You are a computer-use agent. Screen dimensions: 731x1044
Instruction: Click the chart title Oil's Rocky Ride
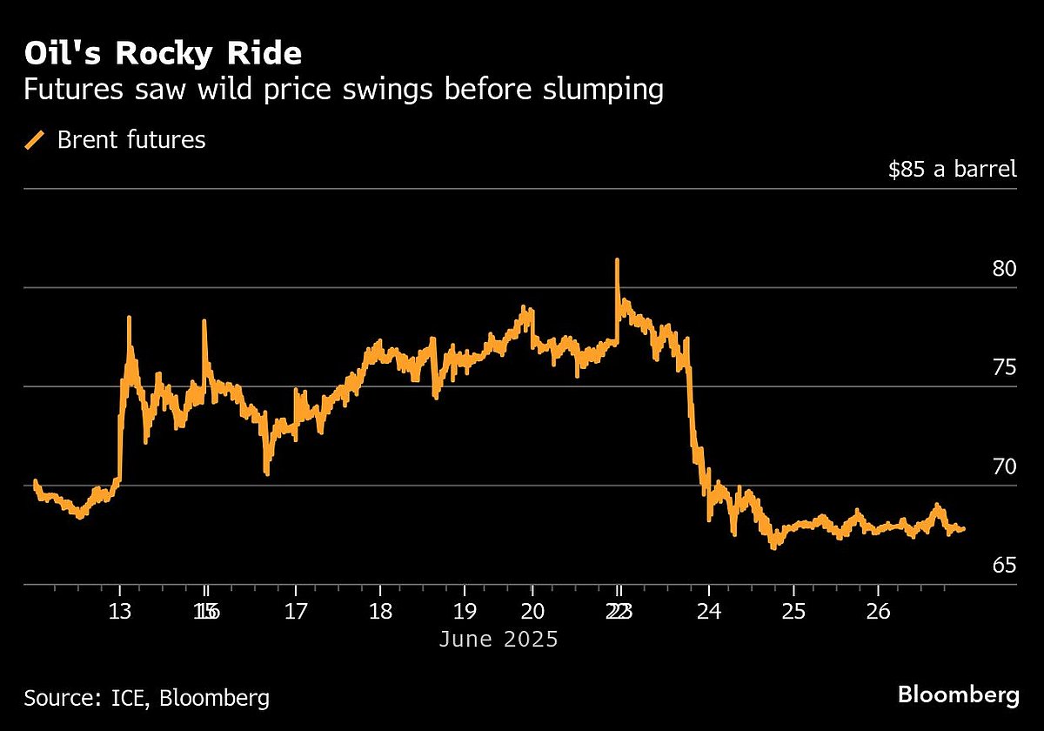(x=163, y=54)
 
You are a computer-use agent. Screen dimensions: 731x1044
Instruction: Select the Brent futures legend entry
(x=131, y=139)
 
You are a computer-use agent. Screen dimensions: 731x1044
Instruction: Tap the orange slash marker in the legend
(x=36, y=139)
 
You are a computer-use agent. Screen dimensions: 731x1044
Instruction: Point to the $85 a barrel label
(x=952, y=169)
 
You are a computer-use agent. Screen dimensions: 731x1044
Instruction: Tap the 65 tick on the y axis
(x=1004, y=567)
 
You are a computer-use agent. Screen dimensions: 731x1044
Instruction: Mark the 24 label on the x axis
(x=709, y=611)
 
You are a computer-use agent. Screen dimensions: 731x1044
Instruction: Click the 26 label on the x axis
(x=878, y=611)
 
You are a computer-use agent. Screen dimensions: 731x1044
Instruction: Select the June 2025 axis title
(x=498, y=640)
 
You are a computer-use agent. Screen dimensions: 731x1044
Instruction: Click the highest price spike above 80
(x=617, y=260)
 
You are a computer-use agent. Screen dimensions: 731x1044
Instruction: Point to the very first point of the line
(x=35, y=481)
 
